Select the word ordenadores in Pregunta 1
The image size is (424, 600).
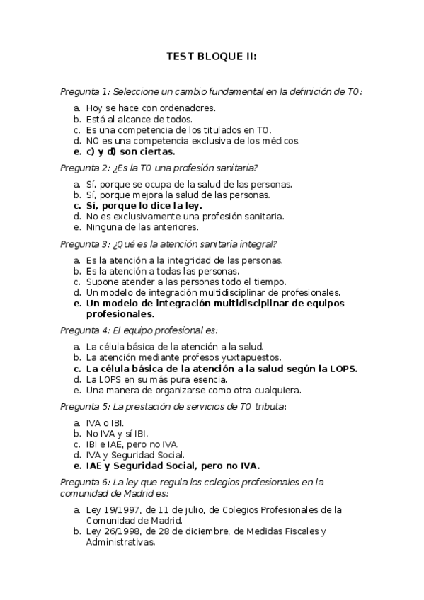pyautogui.click(x=190, y=108)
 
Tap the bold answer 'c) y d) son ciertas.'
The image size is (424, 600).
pyautogui.click(x=130, y=151)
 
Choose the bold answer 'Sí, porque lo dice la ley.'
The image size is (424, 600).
pyautogui.click(x=144, y=205)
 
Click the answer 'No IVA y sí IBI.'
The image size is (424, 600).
pyautogui.click(x=117, y=433)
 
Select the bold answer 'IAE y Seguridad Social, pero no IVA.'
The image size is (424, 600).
pyautogui.click(x=173, y=466)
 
